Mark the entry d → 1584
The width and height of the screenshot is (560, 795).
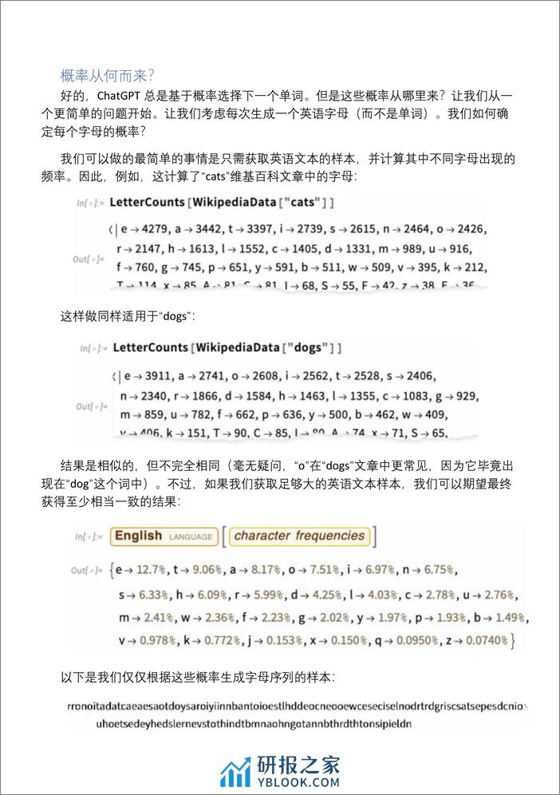[x=249, y=395]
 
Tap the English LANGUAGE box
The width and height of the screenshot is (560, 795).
[x=164, y=536]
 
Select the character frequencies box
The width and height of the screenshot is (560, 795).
[x=299, y=536]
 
